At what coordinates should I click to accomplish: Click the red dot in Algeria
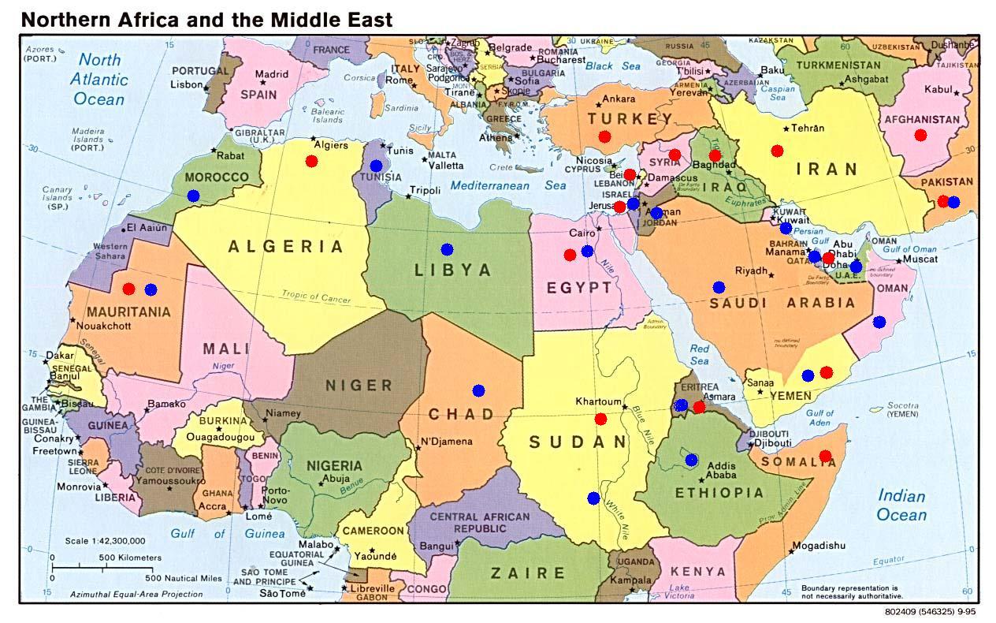point(311,161)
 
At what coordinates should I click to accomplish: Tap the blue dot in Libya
point(447,249)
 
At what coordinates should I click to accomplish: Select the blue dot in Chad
point(478,390)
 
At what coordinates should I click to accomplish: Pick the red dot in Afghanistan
point(920,135)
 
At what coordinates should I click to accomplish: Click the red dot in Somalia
point(825,456)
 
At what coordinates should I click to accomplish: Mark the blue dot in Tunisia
point(376,166)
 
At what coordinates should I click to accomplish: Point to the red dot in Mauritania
point(129,289)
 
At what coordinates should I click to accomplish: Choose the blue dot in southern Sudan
point(593,498)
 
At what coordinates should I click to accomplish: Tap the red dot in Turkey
point(604,136)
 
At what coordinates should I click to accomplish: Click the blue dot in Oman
point(879,322)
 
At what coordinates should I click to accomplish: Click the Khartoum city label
point(598,401)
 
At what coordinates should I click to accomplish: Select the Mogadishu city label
point(818,546)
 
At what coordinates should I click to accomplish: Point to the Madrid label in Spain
point(272,75)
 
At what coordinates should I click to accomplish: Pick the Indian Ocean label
point(902,505)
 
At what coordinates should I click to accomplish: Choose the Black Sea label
point(614,66)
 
